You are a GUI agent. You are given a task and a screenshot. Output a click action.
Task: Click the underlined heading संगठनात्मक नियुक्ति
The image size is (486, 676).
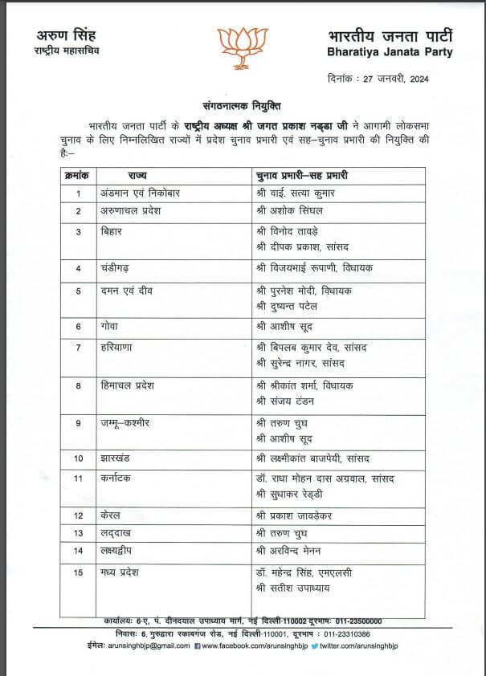[x=242, y=106]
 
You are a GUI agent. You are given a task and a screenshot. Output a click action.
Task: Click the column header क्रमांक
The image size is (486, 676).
[x=78, y=175]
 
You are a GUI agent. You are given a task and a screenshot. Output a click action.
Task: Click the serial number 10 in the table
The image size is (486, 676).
[x=79, y=458]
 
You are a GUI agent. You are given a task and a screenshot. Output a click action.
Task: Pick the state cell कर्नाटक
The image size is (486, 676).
[x=120, y=478]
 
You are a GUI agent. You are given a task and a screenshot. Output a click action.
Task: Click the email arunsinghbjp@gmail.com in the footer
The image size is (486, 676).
[x=144, y=645]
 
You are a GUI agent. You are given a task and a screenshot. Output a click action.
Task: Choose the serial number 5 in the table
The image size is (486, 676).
[x=79, y=291]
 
